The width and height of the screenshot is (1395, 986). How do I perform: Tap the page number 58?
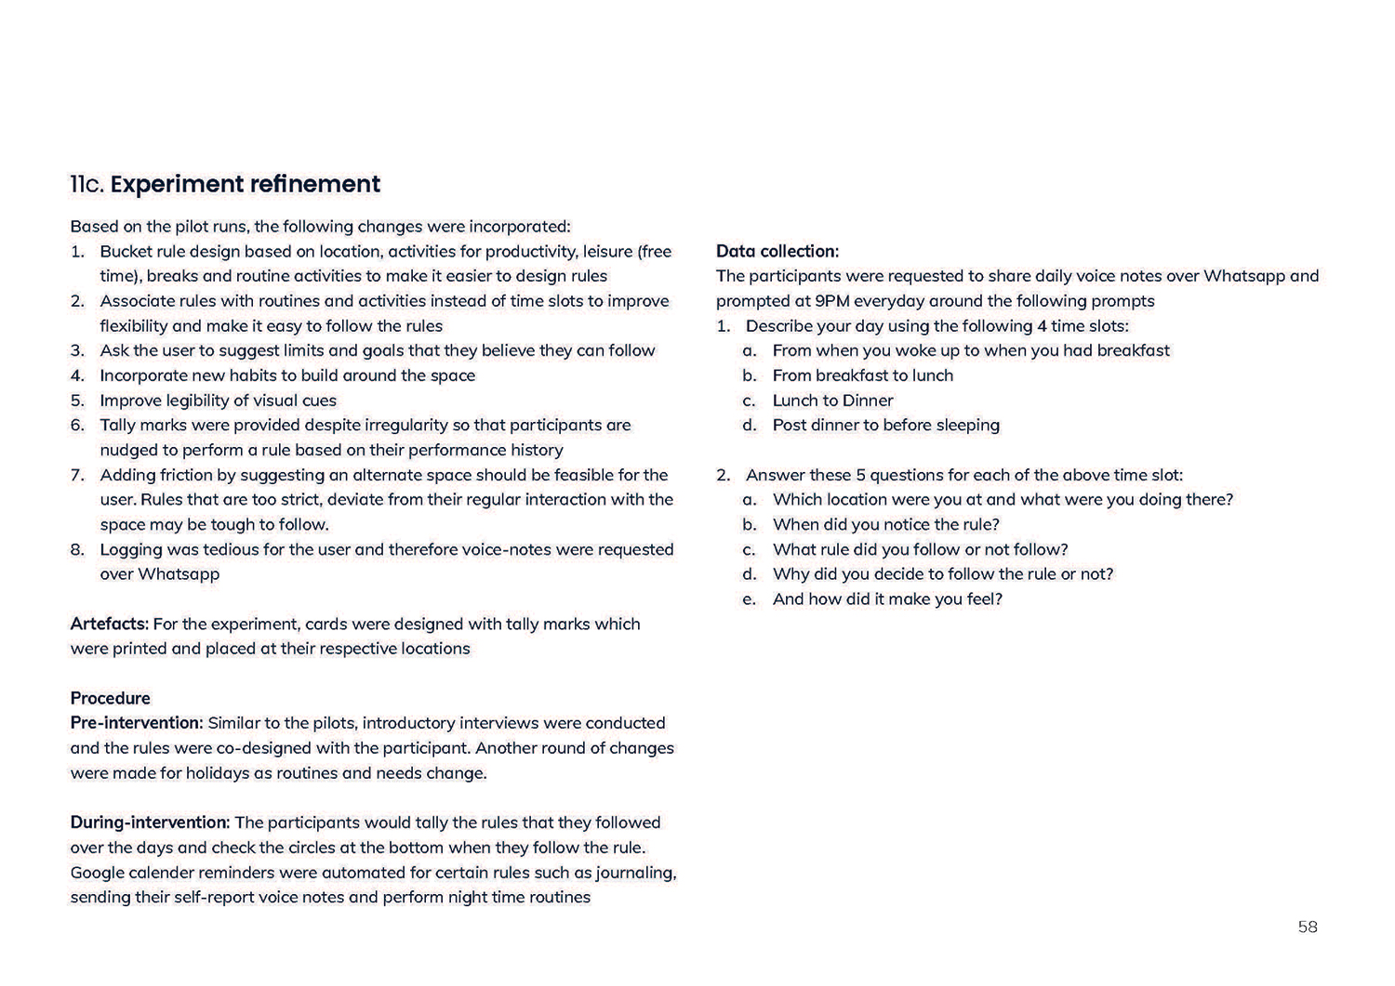[x=1308, y=927]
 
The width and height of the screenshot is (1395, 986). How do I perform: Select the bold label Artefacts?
[x=109, y=624]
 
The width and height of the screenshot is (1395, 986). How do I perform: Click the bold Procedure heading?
[x=110, y=698]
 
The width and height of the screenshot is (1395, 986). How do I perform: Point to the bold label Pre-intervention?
[x=136, y=723]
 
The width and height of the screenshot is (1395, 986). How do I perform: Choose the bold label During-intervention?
[x=150, y=822]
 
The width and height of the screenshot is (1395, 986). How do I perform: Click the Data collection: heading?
[x=777, y=251]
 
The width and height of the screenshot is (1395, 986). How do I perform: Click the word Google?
[x=99, y=873]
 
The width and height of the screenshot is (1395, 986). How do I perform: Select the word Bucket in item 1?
[x=127, y=251]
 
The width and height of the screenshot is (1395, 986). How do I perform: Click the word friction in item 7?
[x=189, y=475]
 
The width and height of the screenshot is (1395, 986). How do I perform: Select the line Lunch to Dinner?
[x=832, y=401]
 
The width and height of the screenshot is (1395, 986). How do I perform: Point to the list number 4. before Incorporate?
[x=77, y=375]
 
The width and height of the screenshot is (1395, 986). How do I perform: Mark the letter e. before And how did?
[x=749, y=599]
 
